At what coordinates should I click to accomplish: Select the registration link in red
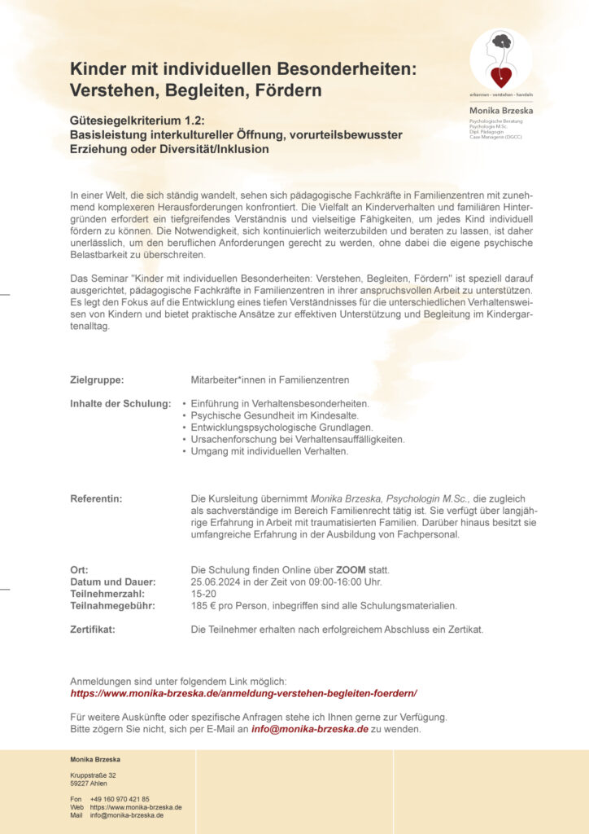pos(243,693)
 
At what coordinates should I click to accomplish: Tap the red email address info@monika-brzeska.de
pos(310,729)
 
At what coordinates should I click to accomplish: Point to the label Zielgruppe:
pos(97,380)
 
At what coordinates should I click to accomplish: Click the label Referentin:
pos(96,497)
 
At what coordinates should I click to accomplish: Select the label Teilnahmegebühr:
pos(111,606)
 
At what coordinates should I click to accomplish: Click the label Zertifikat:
pos(93,630)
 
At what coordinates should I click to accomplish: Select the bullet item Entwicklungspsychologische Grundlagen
pos(281,428)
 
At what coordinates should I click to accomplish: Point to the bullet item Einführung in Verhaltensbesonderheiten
pos(280,403)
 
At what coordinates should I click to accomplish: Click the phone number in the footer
pos(120,799)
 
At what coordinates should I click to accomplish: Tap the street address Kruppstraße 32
pos(93,775)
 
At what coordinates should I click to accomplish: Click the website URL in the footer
pos(136,807)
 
